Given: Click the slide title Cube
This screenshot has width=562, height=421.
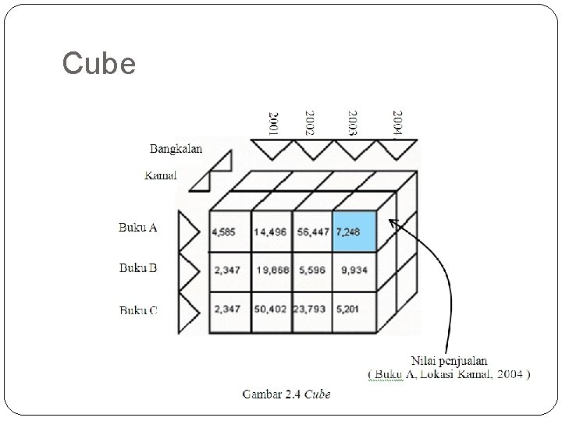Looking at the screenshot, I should click(x=99, y=63).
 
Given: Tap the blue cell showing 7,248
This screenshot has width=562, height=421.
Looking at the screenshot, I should click(x=354, y=231).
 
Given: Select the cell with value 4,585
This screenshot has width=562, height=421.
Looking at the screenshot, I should click(x=229, y=232).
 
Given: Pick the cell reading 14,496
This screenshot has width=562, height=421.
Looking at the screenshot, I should click(x=271, y=232).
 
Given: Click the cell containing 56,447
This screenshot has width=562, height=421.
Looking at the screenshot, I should click(x=312, y=232).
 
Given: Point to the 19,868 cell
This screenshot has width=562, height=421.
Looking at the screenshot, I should click(x=271, y=271).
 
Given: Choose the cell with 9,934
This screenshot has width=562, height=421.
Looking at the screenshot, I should click(x=354, y=271).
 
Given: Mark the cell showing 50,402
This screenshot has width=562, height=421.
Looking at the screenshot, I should click(x=271, y=310).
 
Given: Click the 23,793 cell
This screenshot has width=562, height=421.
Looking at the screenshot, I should click(x=312, y=310).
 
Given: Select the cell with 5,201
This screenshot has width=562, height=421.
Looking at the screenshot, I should click(x=354, y=310).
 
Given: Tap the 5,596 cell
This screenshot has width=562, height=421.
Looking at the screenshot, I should click(x=312, y=271).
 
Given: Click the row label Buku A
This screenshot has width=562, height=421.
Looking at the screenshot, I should click(x=138, y=228).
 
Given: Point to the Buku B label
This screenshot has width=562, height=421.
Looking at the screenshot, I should click(x=138, y=268).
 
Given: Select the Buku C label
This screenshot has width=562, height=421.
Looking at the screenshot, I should click(x=138, y=310).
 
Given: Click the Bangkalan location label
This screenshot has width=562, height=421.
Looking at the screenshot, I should click(x=176, y=149).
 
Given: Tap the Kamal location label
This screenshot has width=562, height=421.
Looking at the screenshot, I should click(x=161, y=175).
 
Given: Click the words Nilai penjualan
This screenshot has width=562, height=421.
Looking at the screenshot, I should click(x=450, y=361).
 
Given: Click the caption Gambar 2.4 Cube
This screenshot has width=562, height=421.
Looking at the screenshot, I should click(x=286, y=394).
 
